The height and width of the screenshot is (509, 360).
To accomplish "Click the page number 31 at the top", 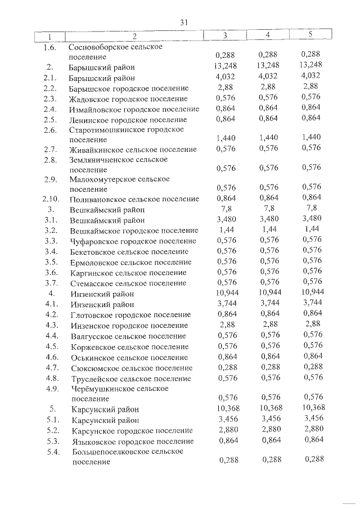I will coord(183,22).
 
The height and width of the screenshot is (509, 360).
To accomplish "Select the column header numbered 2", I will coord(134,37).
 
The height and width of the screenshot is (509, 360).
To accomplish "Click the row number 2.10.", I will coord(51,199).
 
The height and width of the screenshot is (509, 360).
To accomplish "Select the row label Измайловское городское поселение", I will coord(134,109).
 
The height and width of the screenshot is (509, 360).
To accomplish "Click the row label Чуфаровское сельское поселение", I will coord(130,241).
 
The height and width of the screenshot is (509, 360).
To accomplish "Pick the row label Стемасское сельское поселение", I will coord(128,283).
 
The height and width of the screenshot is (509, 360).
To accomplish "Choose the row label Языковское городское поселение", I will coord(132,441).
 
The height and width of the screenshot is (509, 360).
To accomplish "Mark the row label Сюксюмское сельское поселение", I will coord(132,368).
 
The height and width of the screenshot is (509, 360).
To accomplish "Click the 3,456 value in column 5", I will coord(312,419).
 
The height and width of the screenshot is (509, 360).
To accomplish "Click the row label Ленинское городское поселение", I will coord(128,120).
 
